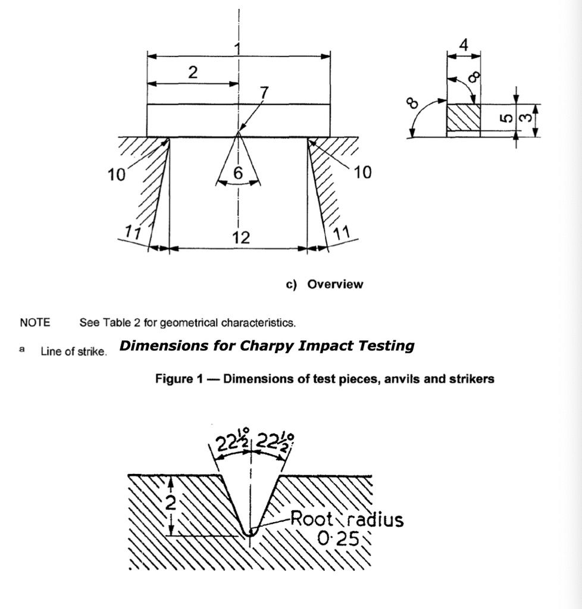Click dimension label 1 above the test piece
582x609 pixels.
[237, 49]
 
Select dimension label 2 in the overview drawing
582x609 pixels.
[193, 72]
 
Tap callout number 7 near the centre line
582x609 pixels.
[264, 93]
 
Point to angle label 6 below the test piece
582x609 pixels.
[238, 172]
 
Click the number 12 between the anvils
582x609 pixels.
[241, 237]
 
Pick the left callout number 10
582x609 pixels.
[116, 175]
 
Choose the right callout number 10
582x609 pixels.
[362, 172]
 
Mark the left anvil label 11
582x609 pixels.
[133, 233]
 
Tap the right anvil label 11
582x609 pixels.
[342, 233]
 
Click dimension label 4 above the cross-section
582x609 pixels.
[464, 45]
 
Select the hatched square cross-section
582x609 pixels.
[464, 117]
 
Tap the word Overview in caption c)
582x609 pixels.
[335, 284]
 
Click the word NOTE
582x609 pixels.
[35, 322]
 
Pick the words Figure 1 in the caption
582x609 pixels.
[179, 378]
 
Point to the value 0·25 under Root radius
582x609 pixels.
[337, 538]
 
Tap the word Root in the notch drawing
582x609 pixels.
[312, 519]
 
